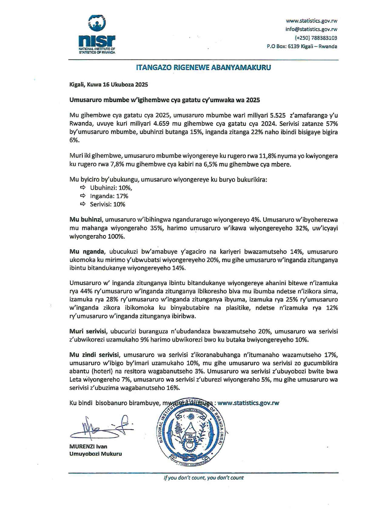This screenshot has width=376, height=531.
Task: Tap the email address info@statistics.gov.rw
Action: pos(311,29)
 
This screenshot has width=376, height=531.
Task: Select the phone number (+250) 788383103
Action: pos(316,38)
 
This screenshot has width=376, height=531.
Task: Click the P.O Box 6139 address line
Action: pos(302,46)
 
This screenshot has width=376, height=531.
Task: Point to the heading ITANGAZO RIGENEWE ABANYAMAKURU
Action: pos(203,68)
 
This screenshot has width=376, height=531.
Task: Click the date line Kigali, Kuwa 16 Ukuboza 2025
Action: pos(109,85)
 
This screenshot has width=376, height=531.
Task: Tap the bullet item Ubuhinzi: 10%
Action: pos(111,188)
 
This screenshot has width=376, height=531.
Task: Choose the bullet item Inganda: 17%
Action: pos(109,196)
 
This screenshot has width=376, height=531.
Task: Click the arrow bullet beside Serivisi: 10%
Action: pos(83,204)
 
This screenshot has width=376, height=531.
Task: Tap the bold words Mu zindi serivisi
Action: pos(94,355)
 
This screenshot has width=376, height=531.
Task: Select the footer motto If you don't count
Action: pos(203,478)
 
